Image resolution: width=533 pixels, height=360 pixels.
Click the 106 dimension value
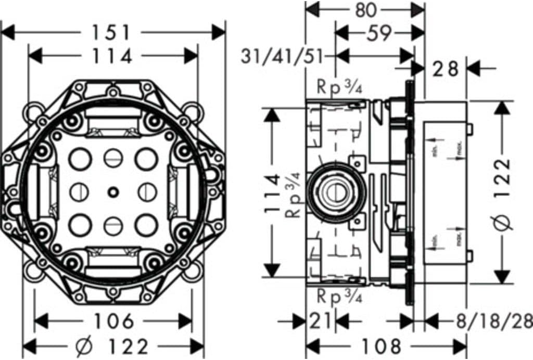tap(112, 321)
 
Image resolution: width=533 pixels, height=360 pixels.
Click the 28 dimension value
tap(446, 68)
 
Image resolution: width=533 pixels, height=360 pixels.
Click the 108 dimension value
tap(382, 346)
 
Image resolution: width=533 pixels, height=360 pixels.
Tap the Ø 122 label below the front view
tap(112, 346)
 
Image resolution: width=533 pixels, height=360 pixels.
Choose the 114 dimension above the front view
tap(112, 56)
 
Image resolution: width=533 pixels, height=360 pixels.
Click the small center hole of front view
tap(112, 193)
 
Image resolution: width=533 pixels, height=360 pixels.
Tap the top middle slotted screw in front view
tap(112, 158)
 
